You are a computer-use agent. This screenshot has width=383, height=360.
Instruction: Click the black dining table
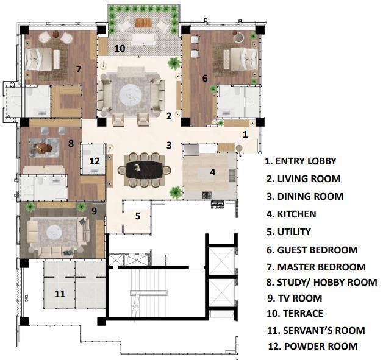click(x=145, y=170)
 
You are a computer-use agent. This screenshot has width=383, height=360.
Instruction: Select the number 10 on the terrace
click(x=120, y=48)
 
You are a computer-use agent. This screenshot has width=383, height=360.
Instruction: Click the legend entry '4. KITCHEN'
click(x=292, y=214)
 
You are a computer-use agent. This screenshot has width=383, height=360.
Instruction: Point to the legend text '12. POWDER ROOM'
click(x=313, y=347)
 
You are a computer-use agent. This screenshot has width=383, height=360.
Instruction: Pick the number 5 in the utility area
click(x=138, y=216)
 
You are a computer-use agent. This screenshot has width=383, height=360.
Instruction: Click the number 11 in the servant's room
click(x=60, y=294)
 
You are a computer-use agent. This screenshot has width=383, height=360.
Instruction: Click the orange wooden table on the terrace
click(x=144, y=23)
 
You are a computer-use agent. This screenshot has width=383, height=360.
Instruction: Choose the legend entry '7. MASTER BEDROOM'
click(x=317, y=267)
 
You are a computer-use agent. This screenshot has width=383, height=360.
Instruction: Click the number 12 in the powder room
click(x=95, y=161)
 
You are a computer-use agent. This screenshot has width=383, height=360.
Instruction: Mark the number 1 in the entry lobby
click(x=245, y=135)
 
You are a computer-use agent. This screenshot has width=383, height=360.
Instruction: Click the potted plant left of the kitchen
click(x=176, y=192)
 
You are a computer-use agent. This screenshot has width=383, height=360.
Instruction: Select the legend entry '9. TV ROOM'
click(x=295, y=298)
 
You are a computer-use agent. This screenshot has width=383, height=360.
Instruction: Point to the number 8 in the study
click(x=71, y=143)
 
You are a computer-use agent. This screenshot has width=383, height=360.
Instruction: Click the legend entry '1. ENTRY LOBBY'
click(x=301, y=161)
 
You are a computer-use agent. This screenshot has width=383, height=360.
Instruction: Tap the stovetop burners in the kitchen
click(x=207, y=195)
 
